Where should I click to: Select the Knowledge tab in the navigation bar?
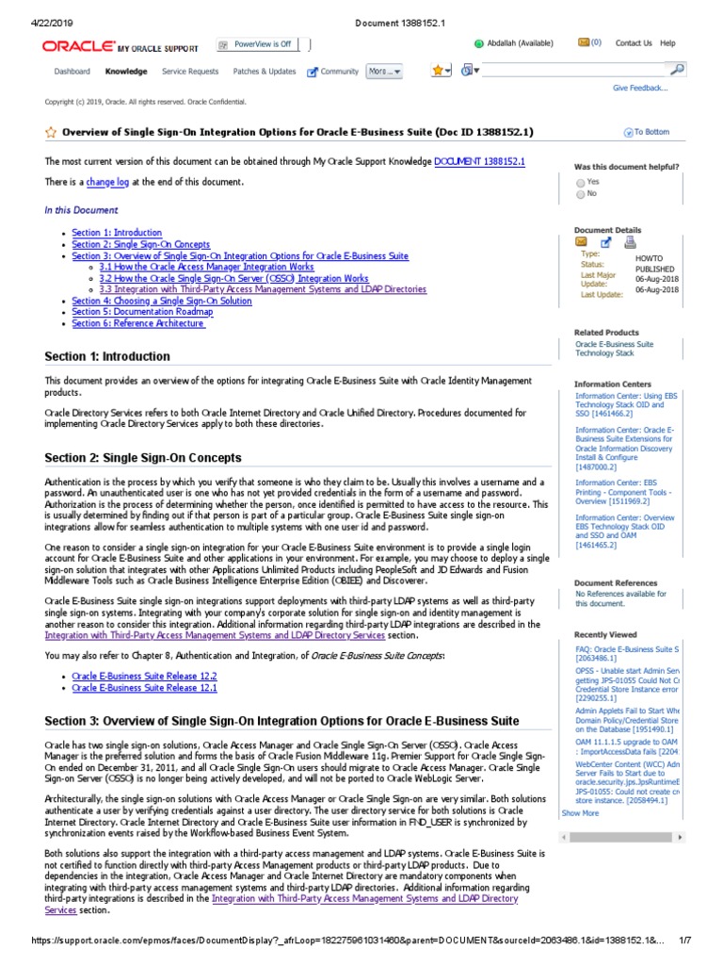pos(125,72)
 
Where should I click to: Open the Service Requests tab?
pos(189,72)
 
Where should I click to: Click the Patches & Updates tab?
pos(264,72)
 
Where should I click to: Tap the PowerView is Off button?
pos(261,44)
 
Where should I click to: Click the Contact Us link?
pos(634,43)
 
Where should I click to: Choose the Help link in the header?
pos(667,43)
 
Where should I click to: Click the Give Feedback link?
pos(640,88)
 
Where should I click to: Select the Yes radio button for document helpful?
pos(580,182)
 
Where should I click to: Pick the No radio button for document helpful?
pos(580,194)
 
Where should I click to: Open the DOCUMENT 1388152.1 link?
pos(479,162)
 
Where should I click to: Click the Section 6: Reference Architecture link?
pos(138,323)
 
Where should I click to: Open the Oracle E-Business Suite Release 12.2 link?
pos(144,677)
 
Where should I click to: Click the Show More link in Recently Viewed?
pos(580,812)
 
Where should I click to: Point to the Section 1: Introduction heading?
pos(107,357)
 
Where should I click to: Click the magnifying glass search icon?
pos(676,70)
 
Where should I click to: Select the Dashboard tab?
pos(72,72)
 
